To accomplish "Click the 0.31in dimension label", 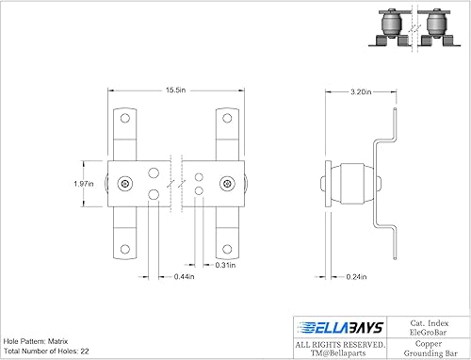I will click(223, 265).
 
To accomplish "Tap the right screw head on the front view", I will click(226, 182).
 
